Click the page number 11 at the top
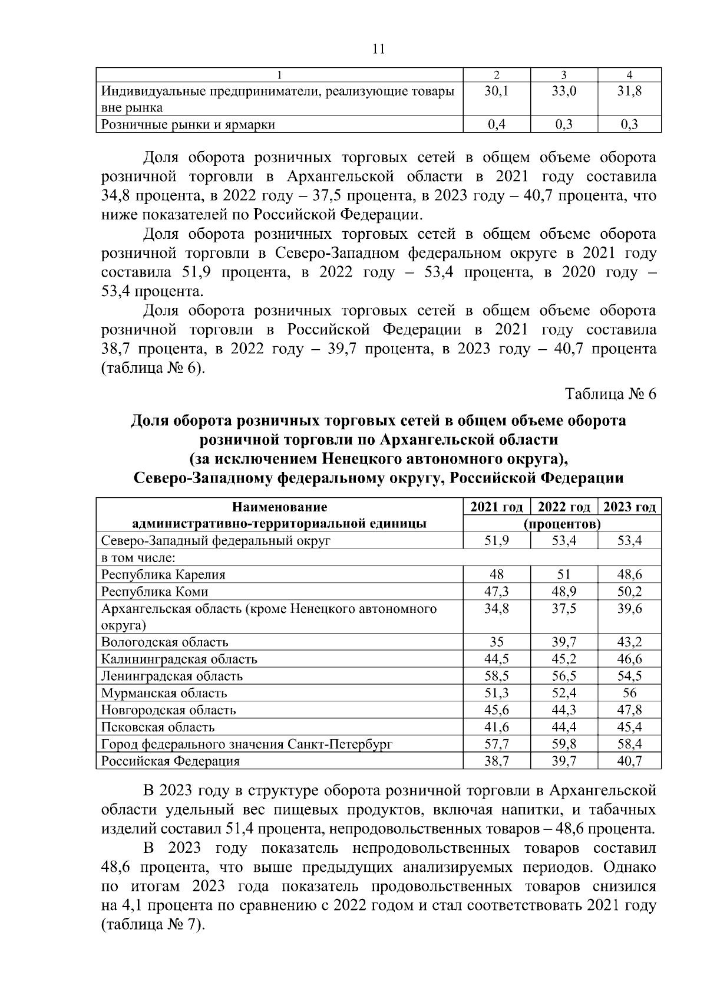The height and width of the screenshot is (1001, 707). pos(378,49)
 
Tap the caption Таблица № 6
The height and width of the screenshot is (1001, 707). pos(610,394)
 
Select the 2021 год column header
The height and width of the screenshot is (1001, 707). pos(496,507)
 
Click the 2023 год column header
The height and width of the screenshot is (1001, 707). pos(629,507)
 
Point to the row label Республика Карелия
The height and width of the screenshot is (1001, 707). pos(163,575)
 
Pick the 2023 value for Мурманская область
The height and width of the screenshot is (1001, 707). pos(629,693)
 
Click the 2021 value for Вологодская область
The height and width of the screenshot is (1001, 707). pos(496,642)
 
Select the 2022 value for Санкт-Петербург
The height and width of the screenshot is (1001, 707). pos(563,744)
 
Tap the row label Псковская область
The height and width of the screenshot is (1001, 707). pos(158,727)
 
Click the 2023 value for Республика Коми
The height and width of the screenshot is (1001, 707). pos(629,592)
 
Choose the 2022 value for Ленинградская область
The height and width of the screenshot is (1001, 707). pos(563,676)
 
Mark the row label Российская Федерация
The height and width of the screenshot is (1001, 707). pos(170,761)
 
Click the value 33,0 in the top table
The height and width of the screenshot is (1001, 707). pos(563,91)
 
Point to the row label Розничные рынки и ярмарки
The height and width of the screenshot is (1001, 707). pos(189,124)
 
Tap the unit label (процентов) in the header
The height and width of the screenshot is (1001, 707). pos(563,524)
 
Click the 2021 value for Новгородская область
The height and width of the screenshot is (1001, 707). pos(496,710)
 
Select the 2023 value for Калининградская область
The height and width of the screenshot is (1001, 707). pos(629,659)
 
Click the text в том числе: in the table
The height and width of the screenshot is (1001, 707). pos(140,558)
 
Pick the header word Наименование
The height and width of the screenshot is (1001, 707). pos(279,507)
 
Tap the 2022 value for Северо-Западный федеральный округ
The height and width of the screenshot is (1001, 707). pos(563,541)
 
